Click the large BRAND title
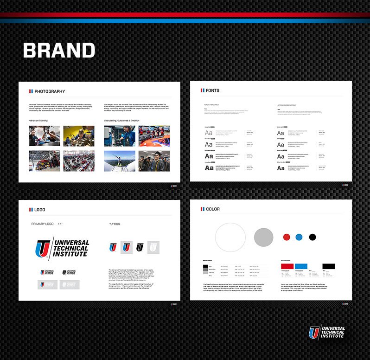point(59,51)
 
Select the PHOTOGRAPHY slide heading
point(50,91)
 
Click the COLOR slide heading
point(213,209)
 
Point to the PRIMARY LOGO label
point(43,224)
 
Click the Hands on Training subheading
point(38,121)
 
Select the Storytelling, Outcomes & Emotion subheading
point(121,121)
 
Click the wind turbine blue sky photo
point(120,161)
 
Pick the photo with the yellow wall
point(79,136)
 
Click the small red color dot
point(287,237)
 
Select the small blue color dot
point(299,237)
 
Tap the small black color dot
point(312,237)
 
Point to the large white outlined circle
point(230,237)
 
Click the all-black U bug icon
point(140,247)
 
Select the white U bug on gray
point(153,247)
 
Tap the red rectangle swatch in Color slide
point(287,266)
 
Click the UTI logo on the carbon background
point(327,332)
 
